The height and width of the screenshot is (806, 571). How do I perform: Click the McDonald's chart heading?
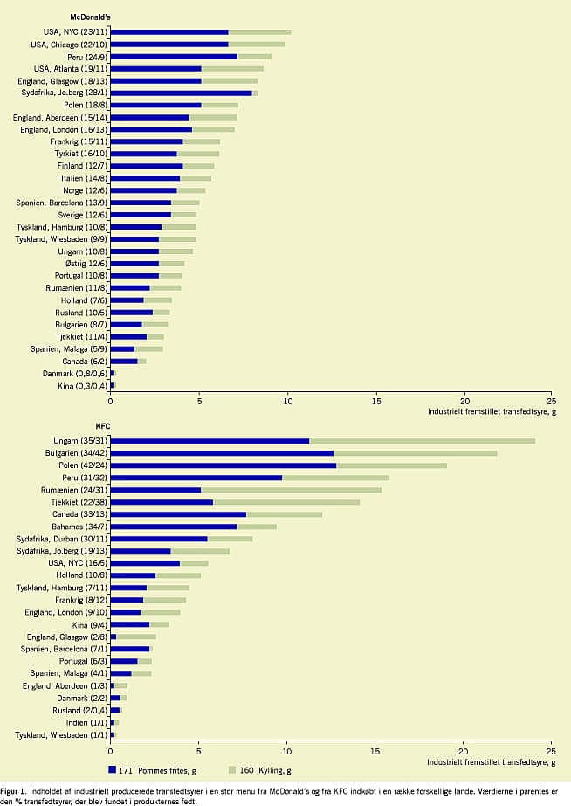pyautogui.click(x=91, y=17)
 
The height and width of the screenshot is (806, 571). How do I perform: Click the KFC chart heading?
pyautogui.click(x=103, y=426)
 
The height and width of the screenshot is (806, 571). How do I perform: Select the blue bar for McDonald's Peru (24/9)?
pyautogui.click(x=175, y=57)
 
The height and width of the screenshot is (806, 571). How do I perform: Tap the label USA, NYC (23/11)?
pyautogui.click(x=76, y=31)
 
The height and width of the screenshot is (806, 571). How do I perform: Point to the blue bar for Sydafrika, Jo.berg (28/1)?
pyautogui.click(x=182, y=93)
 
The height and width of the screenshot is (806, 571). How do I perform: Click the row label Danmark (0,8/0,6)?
pyautogui.click(x=75, y=374)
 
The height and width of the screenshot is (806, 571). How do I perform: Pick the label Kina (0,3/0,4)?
pyautogui.click(x=83, y=386)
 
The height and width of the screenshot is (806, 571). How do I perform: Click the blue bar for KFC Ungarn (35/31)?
pyautogui.click(x=210, y=441)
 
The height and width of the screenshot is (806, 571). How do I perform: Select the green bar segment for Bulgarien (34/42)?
pyautogui.click(x=416, y=453)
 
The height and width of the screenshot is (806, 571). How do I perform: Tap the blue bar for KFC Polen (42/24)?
pyautogui.click(x=224, y=465)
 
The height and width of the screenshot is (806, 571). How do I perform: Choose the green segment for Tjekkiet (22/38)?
pyautogui.click(x=286, y=502)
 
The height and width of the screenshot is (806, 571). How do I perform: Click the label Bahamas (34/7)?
pyautogui.click(x=79, y=527)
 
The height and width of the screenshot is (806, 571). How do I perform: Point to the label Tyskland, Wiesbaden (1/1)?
pyautogui.click(x=62, y=735)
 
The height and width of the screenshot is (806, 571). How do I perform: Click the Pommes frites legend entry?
pyautogui.click(x=152, y=770)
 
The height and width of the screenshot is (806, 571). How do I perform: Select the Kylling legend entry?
pyautogui.click(x=259, y=770)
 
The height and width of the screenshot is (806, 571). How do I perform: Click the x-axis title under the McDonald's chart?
pyautogui.click(x=492, y=412)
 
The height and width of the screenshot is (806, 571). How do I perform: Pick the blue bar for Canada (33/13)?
pyautogui.click(x=178, y=514)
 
